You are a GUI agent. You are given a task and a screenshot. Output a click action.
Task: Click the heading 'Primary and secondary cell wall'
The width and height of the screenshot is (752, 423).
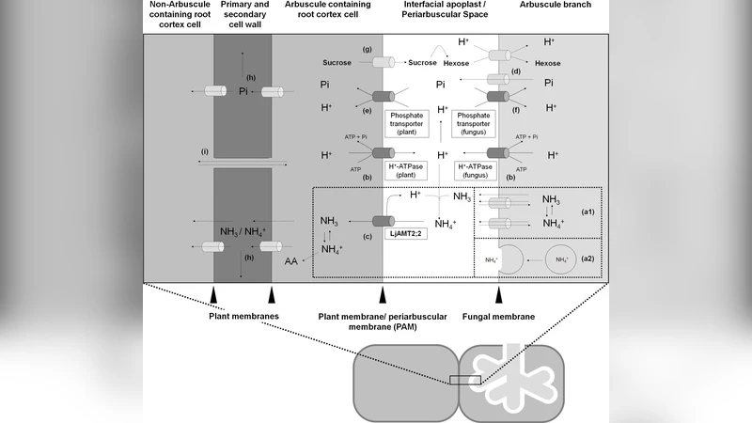click(x=243, y=15)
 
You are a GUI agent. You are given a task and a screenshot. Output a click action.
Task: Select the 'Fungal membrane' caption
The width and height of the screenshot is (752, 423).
click(x=498, y=318)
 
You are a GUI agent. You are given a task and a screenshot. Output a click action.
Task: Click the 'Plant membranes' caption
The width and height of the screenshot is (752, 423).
click(x=243, y=318)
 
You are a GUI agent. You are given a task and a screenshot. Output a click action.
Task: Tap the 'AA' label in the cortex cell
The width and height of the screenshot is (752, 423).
click(x=292, y=264)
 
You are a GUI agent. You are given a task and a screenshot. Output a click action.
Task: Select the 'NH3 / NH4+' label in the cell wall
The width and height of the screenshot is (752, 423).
click(x=243, y=232)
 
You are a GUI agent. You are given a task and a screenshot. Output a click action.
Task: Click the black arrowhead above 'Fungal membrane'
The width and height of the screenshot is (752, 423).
click(x=498, y=297)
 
